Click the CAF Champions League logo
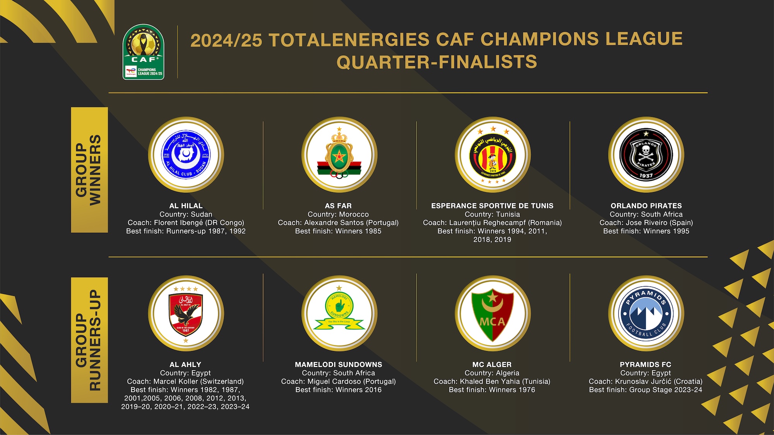pyautogui.click(x=143, y=52)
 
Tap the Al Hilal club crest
pyautogui.click(x=186, y=155)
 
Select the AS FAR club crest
pyautogui.click(x=339, y=155)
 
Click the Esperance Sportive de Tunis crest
pyautogui.click(x=492, y=155)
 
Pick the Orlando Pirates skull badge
pyautogui.click(x=646, y=155)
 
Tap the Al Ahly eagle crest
pyautogui.click(x=186, y=314)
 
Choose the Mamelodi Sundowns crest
pyautogui.click(x=339, y=314)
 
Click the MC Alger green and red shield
pyautogui.click(x=492, y=314)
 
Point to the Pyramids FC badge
pyautogui.click(x=646, y=314)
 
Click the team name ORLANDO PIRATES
pyautogui.click(x=646, y=206)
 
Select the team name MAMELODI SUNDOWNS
pyautogui.click(x=338, y=364)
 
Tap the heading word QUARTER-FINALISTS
pyautogui.click(x=437, y=62)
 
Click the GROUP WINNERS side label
pyautogui.click(x=89, y=170)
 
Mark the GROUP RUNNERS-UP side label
pyautogui.click(x=89, y=340)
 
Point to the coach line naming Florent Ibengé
pyautogui.click(x=186, y=223)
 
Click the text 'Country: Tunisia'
pyautogui.click(x=492, y=214)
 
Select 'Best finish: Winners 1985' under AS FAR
pyautogui.click(x=338, y=231)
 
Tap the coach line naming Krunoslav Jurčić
pyautogui.click(x=646, y=381)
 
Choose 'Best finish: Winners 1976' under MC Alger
pyautogui.click(x=492, y=390)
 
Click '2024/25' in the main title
pyautogui.click(x=226, y=40)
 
